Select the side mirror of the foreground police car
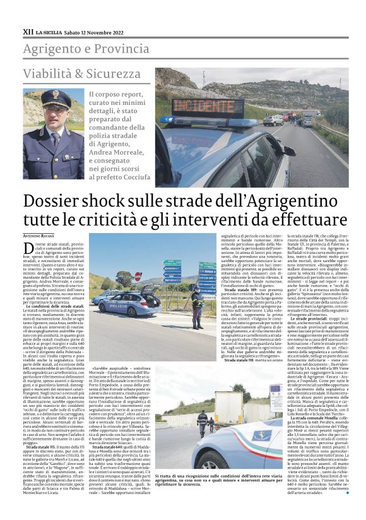tap(290, 151)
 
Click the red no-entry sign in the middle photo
tap(138, 276)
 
